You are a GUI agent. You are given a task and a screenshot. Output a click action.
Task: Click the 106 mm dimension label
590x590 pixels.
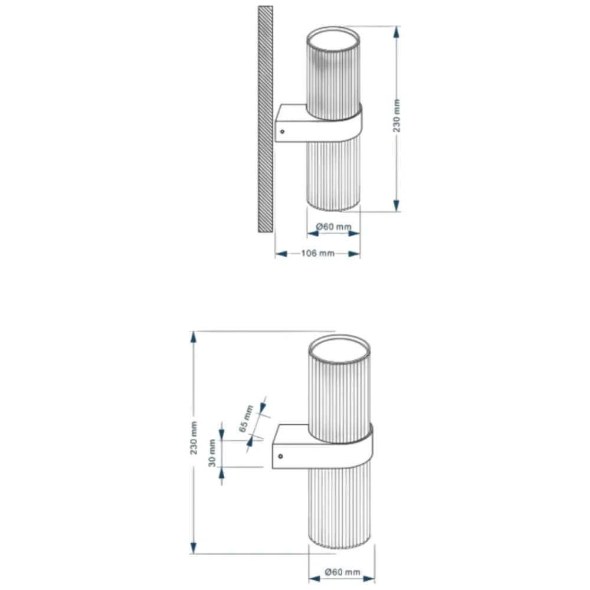[x=318, y=253]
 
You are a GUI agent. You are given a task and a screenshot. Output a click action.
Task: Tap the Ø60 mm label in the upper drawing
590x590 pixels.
[x=334, y=227]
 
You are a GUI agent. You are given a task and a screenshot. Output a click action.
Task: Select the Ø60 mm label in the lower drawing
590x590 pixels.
[x=342, y=572]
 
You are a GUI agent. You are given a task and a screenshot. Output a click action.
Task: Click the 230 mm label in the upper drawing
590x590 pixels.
[x=396, y=116]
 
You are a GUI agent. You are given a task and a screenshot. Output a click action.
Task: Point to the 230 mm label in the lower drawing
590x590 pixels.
[x=194, y=438]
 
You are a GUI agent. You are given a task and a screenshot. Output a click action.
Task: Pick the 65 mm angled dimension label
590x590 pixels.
[x=246, y=418]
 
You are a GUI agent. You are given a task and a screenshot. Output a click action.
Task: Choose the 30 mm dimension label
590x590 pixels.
[x=212, y=453]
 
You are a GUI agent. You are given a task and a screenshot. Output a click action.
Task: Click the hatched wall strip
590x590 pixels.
[x=265, y=119]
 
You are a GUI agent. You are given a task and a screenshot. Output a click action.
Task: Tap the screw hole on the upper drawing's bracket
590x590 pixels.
[x=282, y=132]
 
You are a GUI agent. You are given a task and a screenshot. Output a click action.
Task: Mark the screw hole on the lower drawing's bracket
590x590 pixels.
[x=280, y=457]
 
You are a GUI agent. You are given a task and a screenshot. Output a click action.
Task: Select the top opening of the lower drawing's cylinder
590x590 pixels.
[x=339, y=349]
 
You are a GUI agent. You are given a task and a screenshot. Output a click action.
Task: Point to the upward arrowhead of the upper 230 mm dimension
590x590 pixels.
[x=396, y=32]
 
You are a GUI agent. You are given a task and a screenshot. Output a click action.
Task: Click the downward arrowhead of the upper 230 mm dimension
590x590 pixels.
[x=396, y=205]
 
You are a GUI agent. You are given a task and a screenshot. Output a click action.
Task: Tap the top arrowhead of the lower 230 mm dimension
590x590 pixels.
[x=194, y=337]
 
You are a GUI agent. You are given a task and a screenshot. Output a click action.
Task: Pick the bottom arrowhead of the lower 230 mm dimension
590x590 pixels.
[x=194, y=548]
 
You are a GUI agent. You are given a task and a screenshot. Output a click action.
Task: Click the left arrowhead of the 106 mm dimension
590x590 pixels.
[x=281, y=254]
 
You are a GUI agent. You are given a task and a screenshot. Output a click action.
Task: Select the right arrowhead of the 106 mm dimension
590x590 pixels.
[x=353, y=254]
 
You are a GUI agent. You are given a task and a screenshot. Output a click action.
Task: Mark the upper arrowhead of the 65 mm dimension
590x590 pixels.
[x=263, y=408]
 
